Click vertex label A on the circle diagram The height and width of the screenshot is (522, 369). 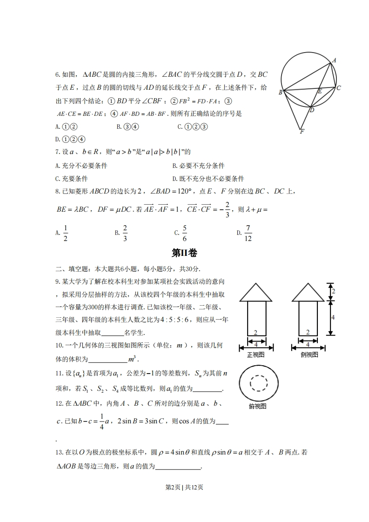tap(334, 60)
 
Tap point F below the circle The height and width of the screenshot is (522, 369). tap(302, 132)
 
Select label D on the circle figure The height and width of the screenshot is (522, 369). tap(312, 110)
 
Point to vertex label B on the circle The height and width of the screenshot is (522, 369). tap(281, 92)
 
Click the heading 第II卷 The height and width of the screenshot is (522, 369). tap(184, 253)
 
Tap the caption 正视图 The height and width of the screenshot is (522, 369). tap(255, 355)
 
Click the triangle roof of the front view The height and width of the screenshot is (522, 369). tap(256, 292)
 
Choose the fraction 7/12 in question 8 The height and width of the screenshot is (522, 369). tap(248, 233)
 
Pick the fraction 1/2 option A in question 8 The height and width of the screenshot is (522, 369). tap(65, 233)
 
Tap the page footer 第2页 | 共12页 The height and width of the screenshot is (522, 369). tap(184, 487)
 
